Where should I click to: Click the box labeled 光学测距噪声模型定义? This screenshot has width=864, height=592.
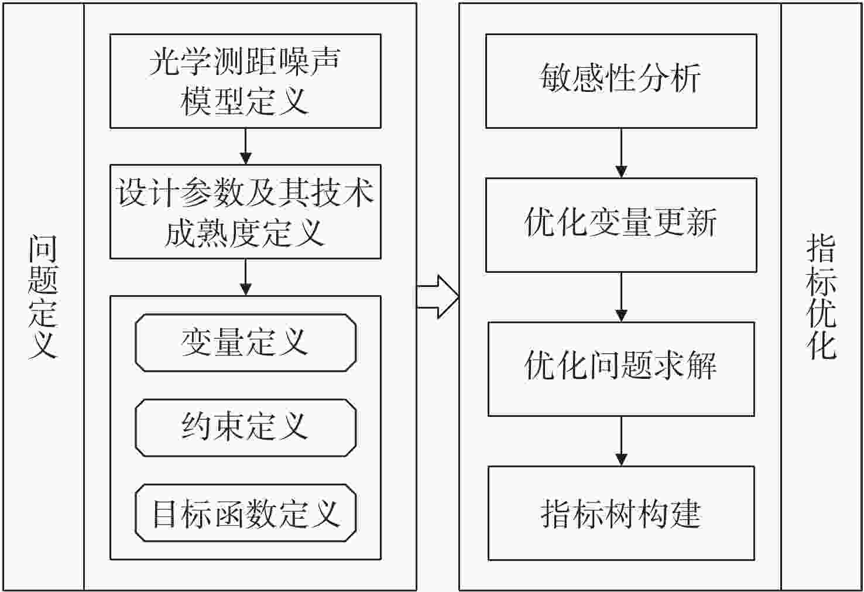click(246, 81)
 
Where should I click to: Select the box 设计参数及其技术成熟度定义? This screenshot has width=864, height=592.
click(246, 212)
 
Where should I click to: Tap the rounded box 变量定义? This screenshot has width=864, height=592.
click(246, 343)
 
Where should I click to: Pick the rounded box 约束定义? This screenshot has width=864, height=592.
click(246, 427)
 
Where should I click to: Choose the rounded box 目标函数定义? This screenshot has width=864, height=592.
click(246, 513)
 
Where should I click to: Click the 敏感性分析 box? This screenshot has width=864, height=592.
click(621, 81)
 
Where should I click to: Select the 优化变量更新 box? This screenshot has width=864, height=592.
click(621, 225)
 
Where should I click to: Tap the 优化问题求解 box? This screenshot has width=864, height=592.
click(621, 369)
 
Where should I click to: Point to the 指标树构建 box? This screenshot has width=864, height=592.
click(621, 514)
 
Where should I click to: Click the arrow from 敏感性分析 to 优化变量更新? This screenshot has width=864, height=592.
click(621, 153)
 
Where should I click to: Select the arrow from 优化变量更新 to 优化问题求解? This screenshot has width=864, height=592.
click(621, 297)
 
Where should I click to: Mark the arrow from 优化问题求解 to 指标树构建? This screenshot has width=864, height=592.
click(621, 441)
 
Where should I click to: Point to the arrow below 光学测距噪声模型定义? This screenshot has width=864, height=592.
click(246, 146)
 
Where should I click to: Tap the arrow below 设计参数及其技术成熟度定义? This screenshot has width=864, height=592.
click(246, 278)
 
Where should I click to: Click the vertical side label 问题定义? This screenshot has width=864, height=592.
click(43, 297)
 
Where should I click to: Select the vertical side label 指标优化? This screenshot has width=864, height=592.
click(821, 297)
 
